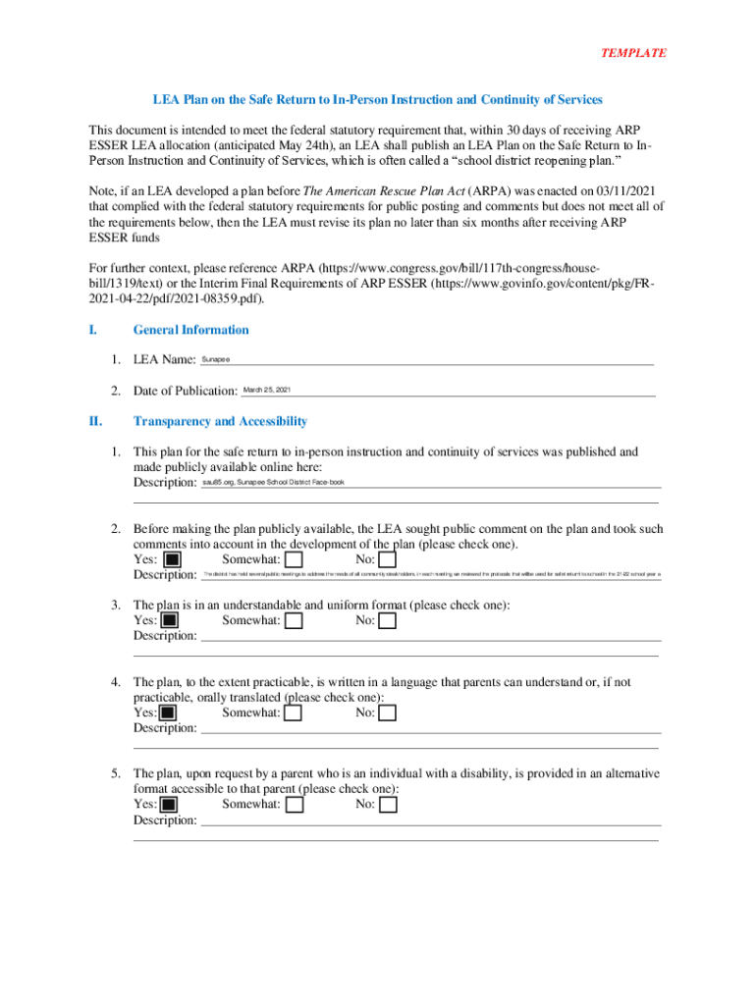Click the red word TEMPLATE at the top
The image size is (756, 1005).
[633, 53]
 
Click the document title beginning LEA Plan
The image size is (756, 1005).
[377, 100]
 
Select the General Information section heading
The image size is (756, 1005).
[190, 330]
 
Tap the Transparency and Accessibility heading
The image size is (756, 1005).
[220, 421]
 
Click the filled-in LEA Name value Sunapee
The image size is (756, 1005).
[216, 360]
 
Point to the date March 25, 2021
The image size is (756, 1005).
[267, 391]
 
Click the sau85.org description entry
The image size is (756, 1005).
[273, 483]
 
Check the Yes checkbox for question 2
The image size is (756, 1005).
[172, 559]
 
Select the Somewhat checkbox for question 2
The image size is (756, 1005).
[293, 559]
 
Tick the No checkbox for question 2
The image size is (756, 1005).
[388, 559]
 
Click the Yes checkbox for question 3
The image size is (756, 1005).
[170, 620]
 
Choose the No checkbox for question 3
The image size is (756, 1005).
[388, 620]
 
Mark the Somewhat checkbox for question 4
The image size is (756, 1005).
[293, 713]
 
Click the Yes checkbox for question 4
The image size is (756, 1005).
[168, 713]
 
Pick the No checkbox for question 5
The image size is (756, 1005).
[388, 805]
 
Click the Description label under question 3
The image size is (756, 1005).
[165, 636]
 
